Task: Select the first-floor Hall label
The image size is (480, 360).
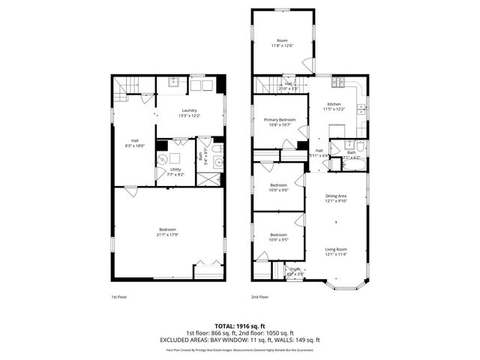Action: (135, 142)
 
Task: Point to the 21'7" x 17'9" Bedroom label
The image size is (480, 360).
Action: (167, 231)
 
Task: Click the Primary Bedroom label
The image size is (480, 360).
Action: (280, 121)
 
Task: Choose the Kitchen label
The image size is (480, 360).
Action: (334, 106)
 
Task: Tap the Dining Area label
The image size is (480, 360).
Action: (335, 198)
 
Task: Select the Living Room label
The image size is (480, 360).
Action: (335, 250)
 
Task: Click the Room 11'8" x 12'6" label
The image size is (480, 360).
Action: (282, 43)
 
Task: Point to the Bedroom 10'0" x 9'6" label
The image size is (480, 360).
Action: (278, 187)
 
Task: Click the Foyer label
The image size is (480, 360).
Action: (295, 271)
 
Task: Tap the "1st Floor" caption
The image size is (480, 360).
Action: (118, 297)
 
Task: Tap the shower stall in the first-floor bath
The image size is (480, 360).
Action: (209, 178)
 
